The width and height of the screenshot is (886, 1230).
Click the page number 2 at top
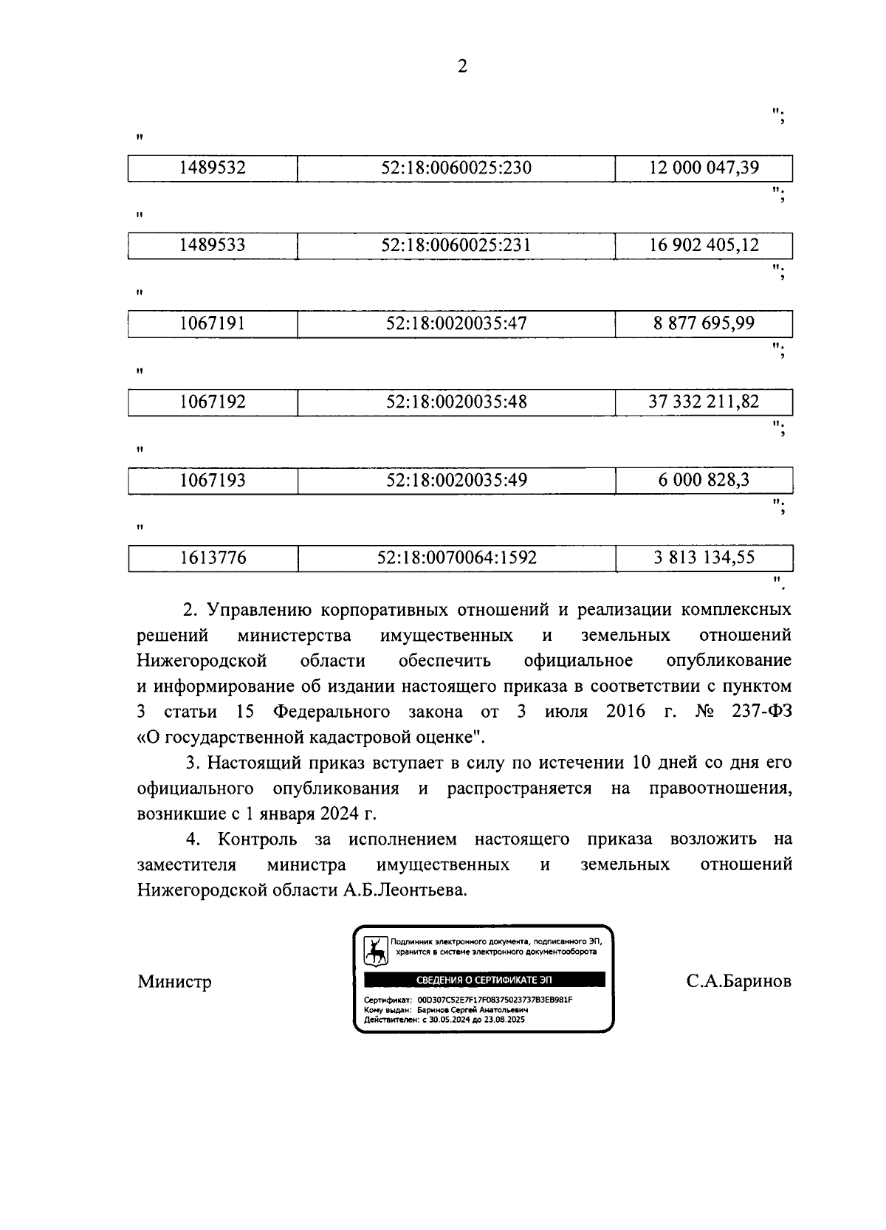[x=462, y=66]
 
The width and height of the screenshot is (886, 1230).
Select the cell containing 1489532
[x=213, y=168]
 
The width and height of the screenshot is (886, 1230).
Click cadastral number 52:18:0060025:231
[x=456, y=245]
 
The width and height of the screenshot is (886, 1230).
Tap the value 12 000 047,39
[x=704, y=168]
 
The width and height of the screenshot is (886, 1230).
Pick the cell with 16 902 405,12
[x=704, y=245]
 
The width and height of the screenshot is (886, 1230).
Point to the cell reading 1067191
[x=213, y=323]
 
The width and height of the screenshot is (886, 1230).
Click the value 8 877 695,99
[x=704, y=323]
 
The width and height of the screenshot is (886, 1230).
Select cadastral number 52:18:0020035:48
[x=456, y=402]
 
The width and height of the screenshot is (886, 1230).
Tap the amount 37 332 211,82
[x=704, y=402]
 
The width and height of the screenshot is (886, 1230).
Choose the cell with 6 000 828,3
[x=704, y=480]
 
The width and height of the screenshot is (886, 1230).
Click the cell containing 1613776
[x=213, y=558]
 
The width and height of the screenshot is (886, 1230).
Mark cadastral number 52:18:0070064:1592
[x=456, y=558]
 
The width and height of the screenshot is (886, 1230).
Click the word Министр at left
[x=174, y=982]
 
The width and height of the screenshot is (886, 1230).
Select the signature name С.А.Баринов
[x=738, y=982]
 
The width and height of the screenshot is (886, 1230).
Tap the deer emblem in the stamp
[x=376, y=952]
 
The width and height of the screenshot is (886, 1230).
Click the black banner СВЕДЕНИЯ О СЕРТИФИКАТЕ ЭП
[x=484, y=980]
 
